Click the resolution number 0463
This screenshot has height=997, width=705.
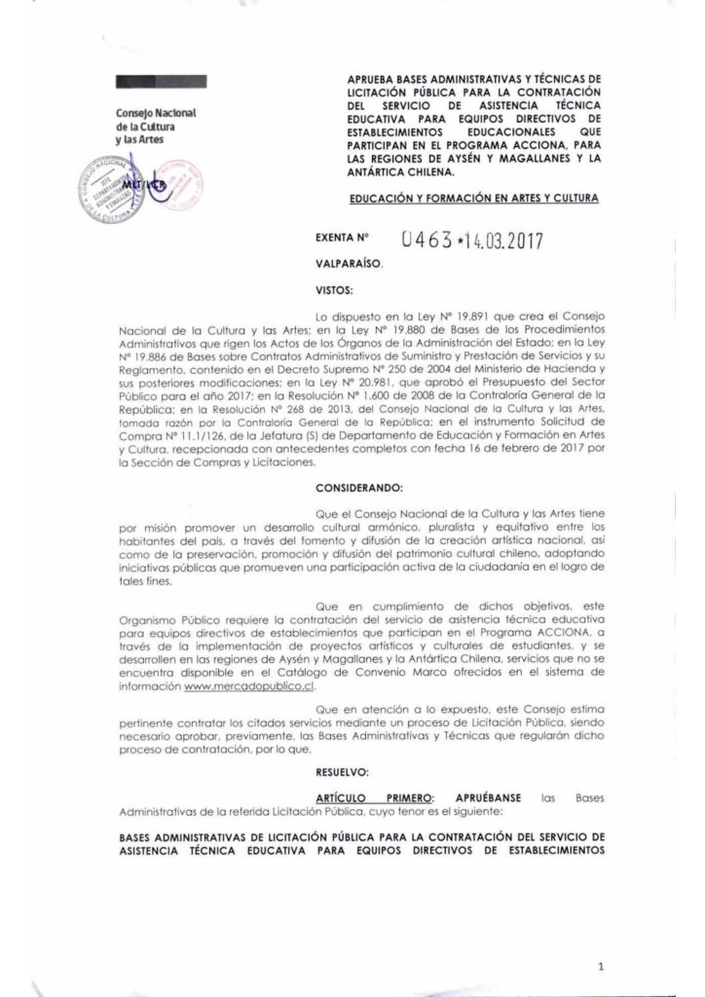coord(426,239)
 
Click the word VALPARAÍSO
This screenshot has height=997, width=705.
coord(349,264)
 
